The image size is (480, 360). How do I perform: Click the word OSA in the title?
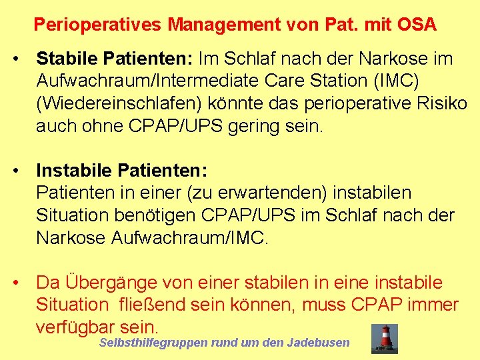click(x=417, y=25)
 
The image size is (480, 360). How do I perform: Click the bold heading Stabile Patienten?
click(x=114, y=59)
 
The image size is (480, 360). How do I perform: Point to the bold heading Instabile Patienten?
click(x=122, y=170)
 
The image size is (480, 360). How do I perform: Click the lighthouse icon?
click(x=385, y=338)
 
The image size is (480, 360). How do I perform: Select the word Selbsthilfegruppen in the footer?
click(x=153, y=343)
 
